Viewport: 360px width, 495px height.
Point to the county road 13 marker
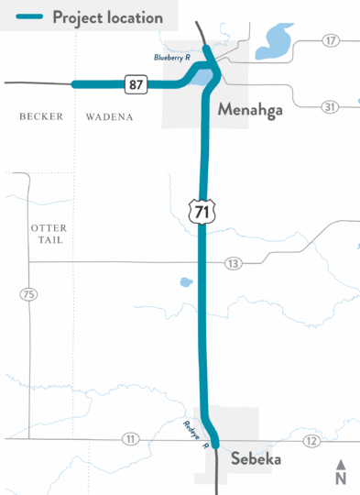tap(233, 263)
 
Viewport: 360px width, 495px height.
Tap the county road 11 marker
tap(131, 439)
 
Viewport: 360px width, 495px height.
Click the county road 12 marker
tap(312, 443)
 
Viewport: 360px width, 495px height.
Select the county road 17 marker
tap(330, 41)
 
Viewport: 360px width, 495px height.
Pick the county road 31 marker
tap(330, 106)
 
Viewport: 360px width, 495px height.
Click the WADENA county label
tap(110, 117)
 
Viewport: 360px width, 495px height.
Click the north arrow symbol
tap(341, 471)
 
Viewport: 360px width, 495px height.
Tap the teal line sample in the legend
tap(26, 17)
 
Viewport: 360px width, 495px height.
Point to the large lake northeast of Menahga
tap(274, 38)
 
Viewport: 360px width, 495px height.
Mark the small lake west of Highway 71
tap(187, 282)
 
